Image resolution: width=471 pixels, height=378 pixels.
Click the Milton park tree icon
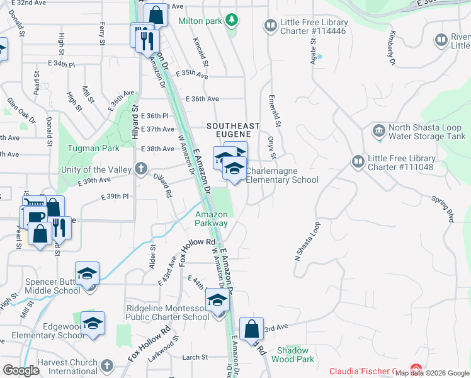(232, 20)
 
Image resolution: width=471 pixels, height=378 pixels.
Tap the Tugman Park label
(94, 149)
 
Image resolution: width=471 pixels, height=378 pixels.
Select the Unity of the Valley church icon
(140, 169)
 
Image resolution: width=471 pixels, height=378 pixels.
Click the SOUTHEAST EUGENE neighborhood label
(229, 130)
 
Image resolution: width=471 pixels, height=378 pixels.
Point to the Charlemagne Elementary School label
(282, 175)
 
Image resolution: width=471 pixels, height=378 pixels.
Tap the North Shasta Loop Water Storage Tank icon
(379, 132)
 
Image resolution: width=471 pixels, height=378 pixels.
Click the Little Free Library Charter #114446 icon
(271, 25)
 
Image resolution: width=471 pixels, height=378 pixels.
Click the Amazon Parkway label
(211, 219)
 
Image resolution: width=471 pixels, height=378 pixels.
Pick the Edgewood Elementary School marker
(93, 323)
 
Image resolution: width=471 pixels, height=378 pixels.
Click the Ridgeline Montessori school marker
(217, 301)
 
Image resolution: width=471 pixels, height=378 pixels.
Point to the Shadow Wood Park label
(292, 355)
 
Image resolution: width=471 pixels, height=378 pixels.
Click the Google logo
(21, 370)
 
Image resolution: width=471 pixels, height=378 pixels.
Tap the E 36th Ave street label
(202, 99)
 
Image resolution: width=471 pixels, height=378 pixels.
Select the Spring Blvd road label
(443, 209)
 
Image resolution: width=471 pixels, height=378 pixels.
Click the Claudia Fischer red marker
(416, 369)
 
